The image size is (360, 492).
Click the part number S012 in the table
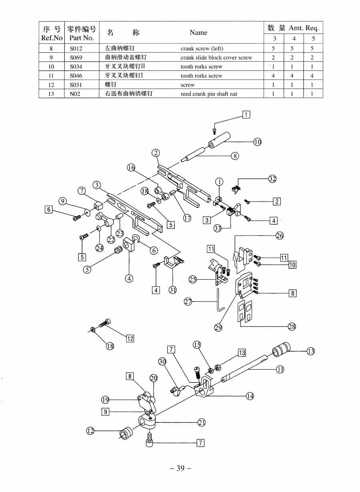pos(76,48)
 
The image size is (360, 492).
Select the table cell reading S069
pos(76,58)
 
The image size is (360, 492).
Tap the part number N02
pos(75,94)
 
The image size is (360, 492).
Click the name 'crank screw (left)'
pos(202,48)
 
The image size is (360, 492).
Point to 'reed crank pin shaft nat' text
pos(208,94)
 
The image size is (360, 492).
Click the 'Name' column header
pos(198,32)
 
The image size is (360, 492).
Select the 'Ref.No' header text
pos(52,38)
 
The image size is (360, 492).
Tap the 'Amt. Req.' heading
pos(304,28)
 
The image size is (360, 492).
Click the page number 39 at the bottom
pos(180,468)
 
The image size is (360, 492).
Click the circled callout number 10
pos(257,142)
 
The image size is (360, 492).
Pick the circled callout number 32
pos(272,179)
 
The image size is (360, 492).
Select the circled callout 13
pos(311,351)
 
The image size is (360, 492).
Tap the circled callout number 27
pos(188,302)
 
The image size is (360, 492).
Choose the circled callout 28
pos(292,327)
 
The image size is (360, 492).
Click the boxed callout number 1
pos(246,115)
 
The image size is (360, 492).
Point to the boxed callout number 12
pos(130,339)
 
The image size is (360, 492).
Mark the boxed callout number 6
pos(48,209)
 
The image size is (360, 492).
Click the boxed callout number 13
pos(242,353)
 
